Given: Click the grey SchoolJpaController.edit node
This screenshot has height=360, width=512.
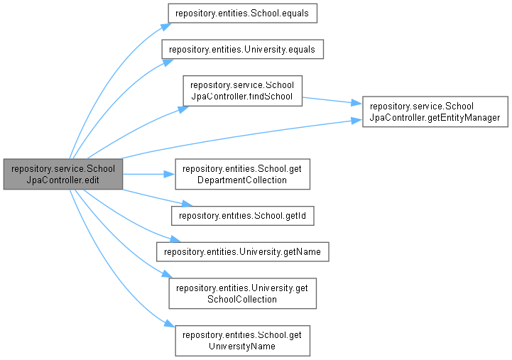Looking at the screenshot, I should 62,173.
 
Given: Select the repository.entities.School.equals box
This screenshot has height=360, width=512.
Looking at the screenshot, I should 241,13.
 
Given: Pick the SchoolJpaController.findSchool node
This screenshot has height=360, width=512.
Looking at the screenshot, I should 242,89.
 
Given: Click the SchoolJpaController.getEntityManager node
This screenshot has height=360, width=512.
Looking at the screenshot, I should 435,111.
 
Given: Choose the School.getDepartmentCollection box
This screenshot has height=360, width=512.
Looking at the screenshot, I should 242,173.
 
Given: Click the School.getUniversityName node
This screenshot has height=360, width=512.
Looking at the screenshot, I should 242,339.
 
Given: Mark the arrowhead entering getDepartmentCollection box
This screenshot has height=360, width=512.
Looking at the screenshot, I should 170,173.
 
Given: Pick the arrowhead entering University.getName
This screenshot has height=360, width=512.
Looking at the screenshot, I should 167,241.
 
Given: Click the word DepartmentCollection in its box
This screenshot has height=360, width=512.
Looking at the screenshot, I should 242,180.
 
